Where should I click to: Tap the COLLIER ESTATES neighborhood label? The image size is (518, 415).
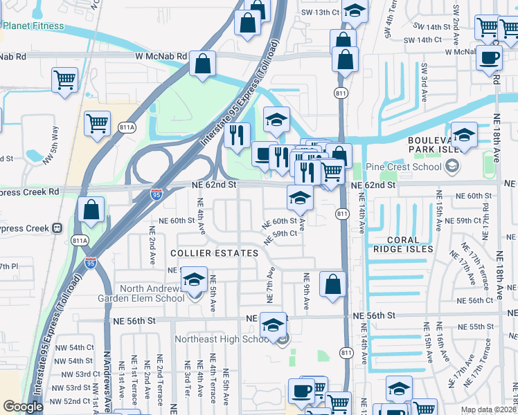coord(213,253)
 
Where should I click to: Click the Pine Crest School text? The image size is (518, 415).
coord(404,167)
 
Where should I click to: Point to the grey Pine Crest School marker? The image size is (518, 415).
coord(452,166)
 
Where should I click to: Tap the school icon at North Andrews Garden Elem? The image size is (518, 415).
coord(194,279)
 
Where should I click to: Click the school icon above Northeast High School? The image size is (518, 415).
coord(274,324)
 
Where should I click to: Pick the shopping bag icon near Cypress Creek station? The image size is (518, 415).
coord(91,209)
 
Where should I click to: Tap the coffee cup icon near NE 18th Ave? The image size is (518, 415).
coord(490,58)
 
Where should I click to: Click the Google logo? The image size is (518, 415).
coord(23,407)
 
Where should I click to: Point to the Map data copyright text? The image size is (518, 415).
coord(489,409)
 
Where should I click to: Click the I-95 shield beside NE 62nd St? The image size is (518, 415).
coord(157,196)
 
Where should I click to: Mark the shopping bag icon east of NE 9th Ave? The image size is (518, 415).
coord(333,283)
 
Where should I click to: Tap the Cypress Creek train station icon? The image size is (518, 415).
coord(57,228)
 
